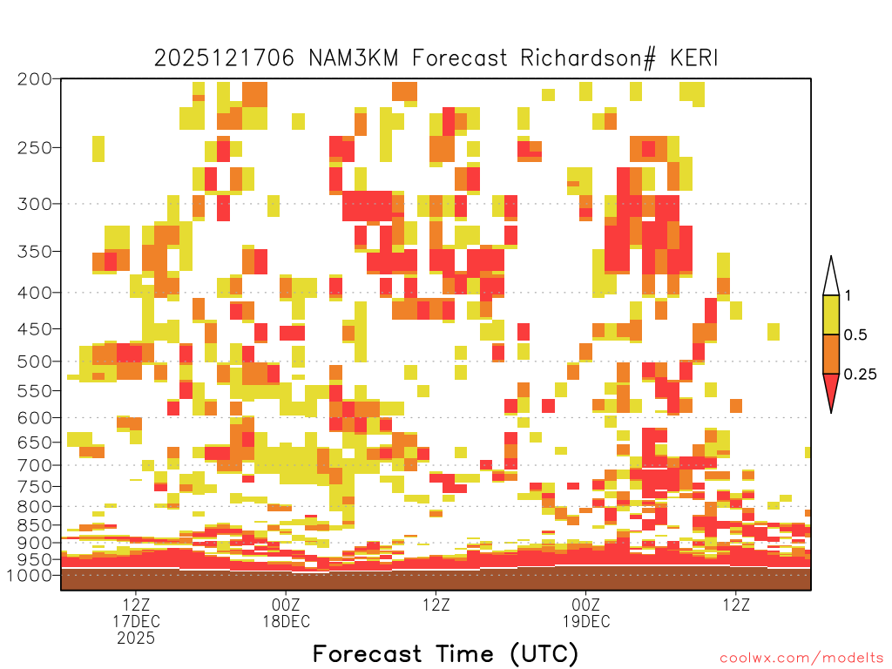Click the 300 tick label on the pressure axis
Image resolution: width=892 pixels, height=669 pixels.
coord(35,204)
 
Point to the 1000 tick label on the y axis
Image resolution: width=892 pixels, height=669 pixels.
coord(30,575)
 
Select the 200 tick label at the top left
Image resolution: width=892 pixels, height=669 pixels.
coord(35,79)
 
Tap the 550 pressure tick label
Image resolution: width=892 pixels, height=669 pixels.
coord(35,391)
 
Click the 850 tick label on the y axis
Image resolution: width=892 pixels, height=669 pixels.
coord(35,524)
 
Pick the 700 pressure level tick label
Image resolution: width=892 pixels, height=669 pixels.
coord(35,465)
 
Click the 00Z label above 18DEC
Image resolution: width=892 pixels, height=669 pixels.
coord(286,605)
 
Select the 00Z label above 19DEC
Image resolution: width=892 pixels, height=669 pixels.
coord(586,605)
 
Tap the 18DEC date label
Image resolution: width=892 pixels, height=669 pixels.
coord(286,621)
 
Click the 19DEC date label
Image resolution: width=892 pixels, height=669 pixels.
coord(586,621)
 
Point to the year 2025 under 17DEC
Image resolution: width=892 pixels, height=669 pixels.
coord(136,639)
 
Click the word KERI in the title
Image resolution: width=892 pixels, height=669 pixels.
coord(694,58)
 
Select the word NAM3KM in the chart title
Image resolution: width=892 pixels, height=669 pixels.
coord(354,58)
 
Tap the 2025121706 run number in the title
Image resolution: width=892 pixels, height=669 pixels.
coord(224,58)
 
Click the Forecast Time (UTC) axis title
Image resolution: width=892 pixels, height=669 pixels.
coord(445,653)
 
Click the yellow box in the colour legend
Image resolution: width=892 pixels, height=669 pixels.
coord(831,315)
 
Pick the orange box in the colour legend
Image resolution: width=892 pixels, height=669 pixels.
coord(831,355)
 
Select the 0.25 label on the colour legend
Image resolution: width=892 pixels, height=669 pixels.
coord(860,374)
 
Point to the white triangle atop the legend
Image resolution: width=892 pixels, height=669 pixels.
coord(831,276)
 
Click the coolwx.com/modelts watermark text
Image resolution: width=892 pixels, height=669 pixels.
coord(801,659)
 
